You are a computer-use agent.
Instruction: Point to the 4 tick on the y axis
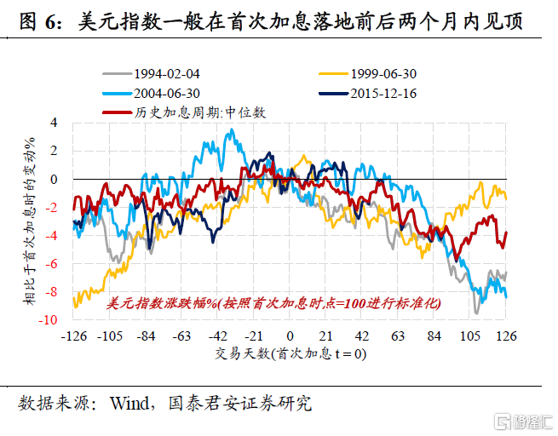tap(54, 123)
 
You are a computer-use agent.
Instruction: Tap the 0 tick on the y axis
tap(54, 179)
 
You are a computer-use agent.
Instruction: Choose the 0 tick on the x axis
tap(290, 335)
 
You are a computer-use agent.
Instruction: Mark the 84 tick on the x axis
tap(434, 335)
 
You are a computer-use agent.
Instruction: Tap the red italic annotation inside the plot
tap(273, 303)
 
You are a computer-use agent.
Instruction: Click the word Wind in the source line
tap(129, 403)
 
